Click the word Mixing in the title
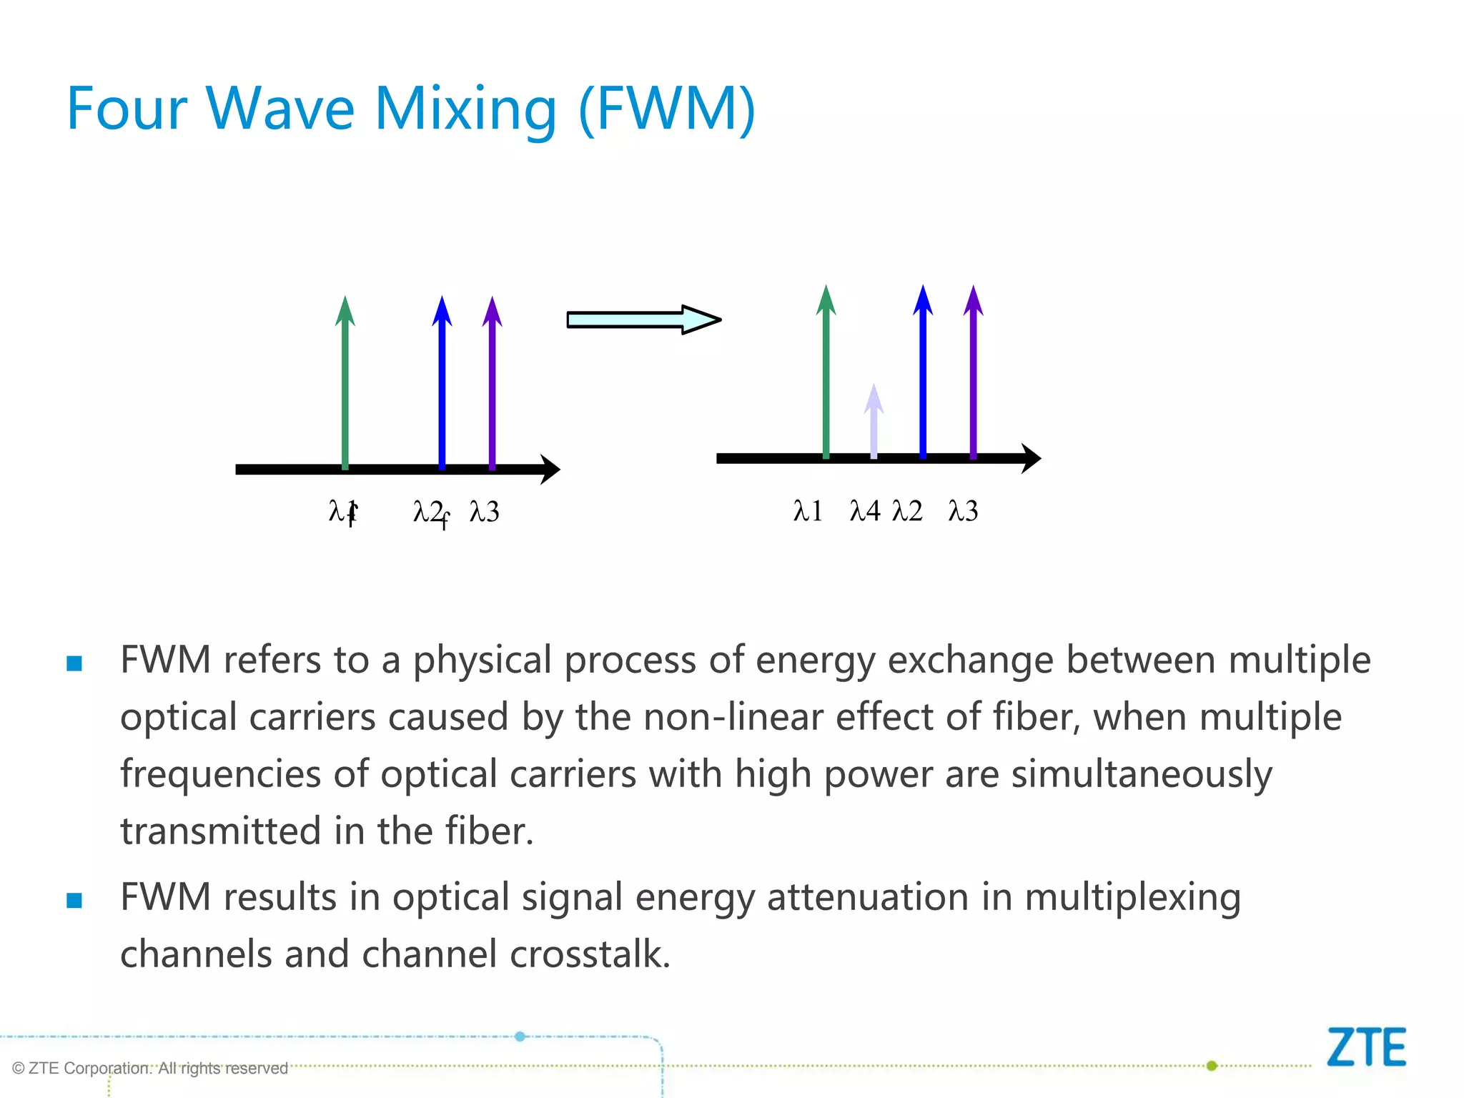pos(465,109)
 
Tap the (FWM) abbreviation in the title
pos(666,109)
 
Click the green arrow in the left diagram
pos(345,386)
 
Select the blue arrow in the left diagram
pos(442,386)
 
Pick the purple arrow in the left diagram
pos(492,386)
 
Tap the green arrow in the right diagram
pos(826,375)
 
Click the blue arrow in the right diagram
pos(923,375)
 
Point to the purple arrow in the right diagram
pos(973,375)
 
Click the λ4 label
pos(865,511)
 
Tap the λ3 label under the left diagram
pos(485,512)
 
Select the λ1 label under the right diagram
pos(808,511)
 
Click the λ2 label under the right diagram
pos(908,511)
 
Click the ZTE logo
pos(1366,1048)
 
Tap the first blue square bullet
pos(74,663)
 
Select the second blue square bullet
pos(74,900)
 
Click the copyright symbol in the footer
pos(19,1069)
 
